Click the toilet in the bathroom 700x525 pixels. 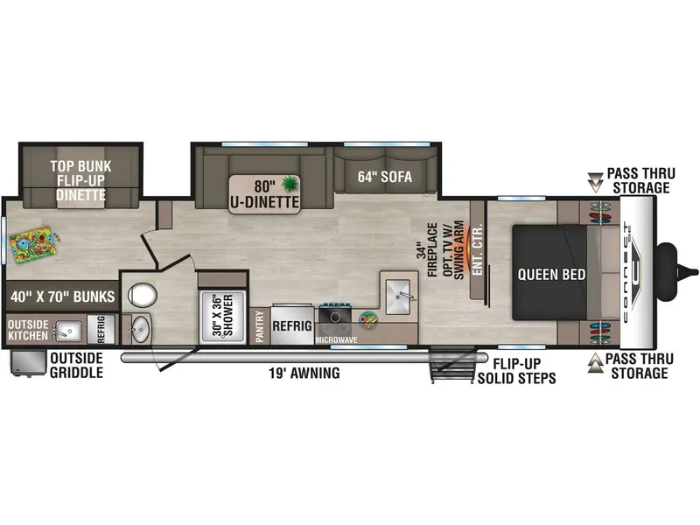pos(142,295)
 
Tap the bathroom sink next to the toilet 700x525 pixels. pos(142,329)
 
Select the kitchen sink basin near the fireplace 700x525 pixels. pos(398,297)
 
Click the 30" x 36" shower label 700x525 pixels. pos(222,315)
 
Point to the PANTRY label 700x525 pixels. pos(260,326)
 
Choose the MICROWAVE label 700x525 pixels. pos(336,340)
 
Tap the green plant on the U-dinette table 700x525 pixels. pos(290,183)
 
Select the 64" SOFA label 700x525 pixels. pos(385,177)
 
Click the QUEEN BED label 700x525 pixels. pos(551,274)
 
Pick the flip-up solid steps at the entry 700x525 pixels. pos(451,364)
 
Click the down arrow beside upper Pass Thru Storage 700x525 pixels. pos(595,182)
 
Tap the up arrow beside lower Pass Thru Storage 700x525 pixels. pos(595,363)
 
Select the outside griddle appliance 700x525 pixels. pos(28,363)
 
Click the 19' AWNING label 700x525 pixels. pos(304,373)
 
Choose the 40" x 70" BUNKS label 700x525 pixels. pos(62,297)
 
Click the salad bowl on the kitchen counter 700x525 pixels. pos(367,319)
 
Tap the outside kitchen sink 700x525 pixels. pos(67,331)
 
